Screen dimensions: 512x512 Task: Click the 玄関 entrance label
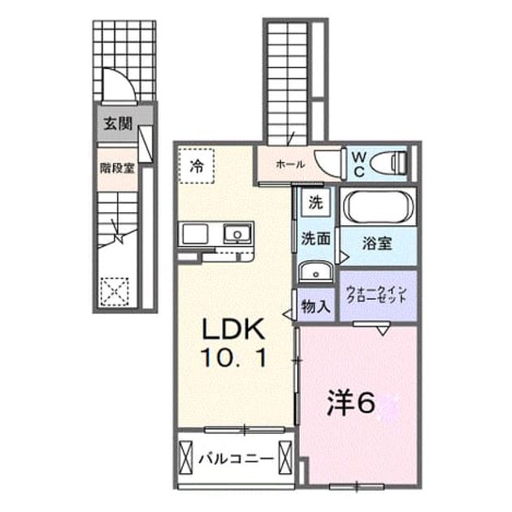(x=118, y=124)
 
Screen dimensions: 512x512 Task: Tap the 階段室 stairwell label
(x=117, y=168)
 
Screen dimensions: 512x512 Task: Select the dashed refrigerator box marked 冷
(x=196, y=166)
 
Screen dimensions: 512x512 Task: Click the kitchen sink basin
(x=237, y=234)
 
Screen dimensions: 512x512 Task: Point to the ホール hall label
(x=290, y=164)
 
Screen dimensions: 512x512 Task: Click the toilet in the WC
(x=389, y=163)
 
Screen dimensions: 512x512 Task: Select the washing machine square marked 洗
(x=316, y=203)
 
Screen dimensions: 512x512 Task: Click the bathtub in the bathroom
(x=378, y=206)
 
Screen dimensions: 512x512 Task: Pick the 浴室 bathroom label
(x=377, y=243)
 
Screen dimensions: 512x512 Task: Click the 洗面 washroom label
(x=315, y=239)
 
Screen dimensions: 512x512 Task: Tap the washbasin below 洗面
(x=315, y=271)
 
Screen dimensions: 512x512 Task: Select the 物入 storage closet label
(x=315, y=306)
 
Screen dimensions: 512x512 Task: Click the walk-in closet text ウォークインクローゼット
(x=377, y=294)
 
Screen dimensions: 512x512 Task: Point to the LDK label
(x=233, y=329)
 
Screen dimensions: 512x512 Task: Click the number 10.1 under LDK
(x=234, y=358)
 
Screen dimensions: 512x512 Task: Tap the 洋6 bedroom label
(x=351, y=405)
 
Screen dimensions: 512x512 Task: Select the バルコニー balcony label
(x=236, y=459)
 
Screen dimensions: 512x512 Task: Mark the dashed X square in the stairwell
(x=115, y=292)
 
